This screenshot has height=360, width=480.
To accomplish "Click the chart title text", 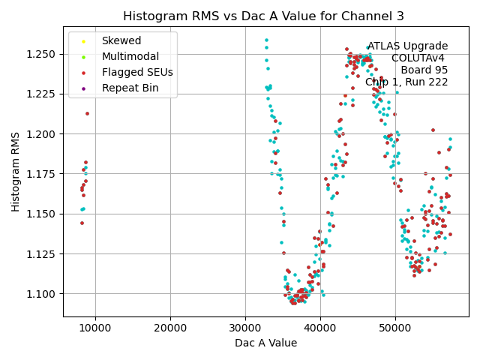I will click(263, 16).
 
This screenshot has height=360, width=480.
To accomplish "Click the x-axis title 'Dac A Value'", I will click(265, 343).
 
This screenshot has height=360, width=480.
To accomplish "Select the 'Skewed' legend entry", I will click(121, 40).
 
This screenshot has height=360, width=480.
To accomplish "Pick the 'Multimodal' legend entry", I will click(130, 56).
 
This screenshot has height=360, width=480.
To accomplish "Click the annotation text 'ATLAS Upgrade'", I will click(407, 46).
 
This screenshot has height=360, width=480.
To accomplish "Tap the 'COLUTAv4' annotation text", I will click(418, 58).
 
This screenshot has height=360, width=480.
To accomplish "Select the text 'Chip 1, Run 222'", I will click(406, 82).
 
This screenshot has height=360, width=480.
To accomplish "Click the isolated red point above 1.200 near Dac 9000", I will click(87, 114).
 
